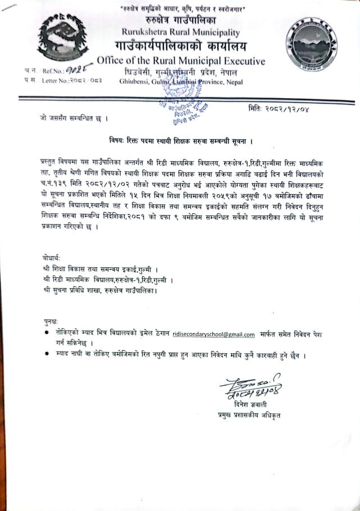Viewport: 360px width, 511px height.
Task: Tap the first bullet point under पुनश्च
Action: coord(47,334)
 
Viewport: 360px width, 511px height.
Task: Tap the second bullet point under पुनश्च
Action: coord(47,357)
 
